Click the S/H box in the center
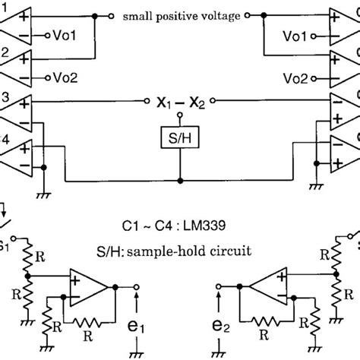180,140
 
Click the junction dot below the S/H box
180,181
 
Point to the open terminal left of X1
147,100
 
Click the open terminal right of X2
213,100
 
